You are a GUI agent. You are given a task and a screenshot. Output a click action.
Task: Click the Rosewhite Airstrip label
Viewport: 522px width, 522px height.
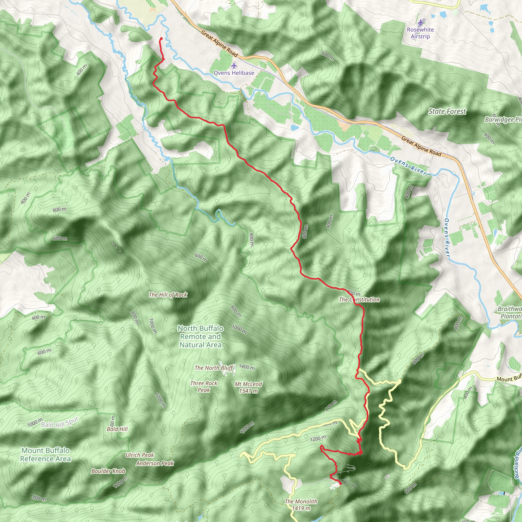[420, 33]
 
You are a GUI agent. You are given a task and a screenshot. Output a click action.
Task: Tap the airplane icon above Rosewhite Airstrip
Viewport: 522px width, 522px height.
[420, 22]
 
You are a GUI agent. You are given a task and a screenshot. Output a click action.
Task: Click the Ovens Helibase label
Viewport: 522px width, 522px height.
[234, 73]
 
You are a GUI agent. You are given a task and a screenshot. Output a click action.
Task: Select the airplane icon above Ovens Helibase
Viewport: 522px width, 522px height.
[234, 66]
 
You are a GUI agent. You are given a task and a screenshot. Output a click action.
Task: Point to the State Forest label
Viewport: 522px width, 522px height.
[447, 111]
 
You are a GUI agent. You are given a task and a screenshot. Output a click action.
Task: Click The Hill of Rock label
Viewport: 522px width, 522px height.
[168, 295]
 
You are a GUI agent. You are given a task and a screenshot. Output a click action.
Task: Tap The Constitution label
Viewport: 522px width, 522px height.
[359, 299]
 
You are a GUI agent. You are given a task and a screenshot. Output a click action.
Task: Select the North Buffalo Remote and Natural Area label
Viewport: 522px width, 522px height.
[201, 336]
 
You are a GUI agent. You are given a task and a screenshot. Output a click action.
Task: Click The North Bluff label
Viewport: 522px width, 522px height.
[213, 368]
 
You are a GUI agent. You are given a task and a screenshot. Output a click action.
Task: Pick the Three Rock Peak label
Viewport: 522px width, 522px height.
[204, 386]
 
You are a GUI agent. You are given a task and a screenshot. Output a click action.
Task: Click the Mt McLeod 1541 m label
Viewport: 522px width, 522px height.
[248, 387]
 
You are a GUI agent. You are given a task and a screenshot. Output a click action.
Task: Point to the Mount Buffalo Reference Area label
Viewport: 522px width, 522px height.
[45, 454]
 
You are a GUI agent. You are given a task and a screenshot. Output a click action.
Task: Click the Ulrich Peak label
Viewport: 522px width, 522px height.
[140, 455]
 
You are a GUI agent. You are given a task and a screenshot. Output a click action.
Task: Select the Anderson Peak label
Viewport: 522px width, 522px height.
[155, 463]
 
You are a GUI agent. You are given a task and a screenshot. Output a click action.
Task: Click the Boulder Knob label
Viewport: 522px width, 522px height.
[108, 471]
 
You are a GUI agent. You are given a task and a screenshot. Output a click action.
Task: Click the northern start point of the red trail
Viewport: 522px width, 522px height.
[161, 39]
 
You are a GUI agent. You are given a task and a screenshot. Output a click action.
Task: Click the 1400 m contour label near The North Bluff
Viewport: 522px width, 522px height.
[246, 367]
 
